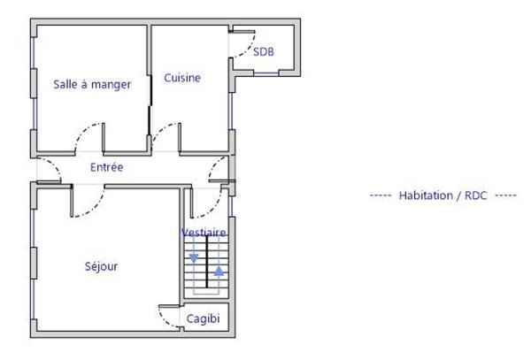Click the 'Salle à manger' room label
92,85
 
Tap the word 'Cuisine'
182,78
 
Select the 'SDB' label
264,52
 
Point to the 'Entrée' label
107,166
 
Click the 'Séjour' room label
103,265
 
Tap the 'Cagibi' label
203,319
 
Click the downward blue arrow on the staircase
194,259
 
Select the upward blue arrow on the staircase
219,270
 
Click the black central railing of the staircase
206,265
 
